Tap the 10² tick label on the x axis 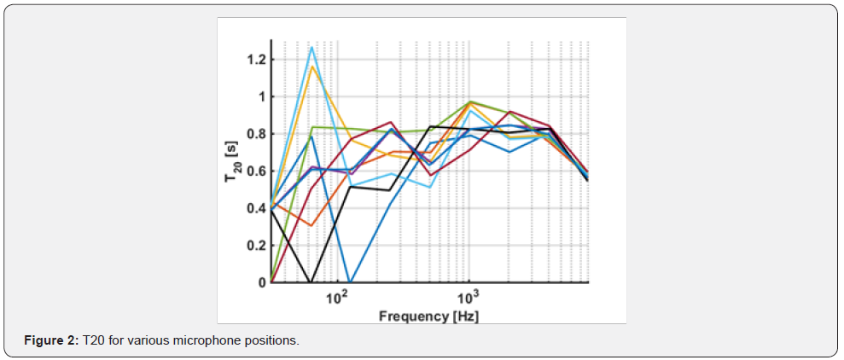[x=338, y=298]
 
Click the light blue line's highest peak [x=312, y=47]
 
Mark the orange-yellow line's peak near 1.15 [x=312, y=67]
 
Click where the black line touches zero [x=311, y=282]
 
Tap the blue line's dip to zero [x=351, y=282]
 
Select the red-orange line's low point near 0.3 [x=312, y=225]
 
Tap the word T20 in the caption [x=91, y=341]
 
